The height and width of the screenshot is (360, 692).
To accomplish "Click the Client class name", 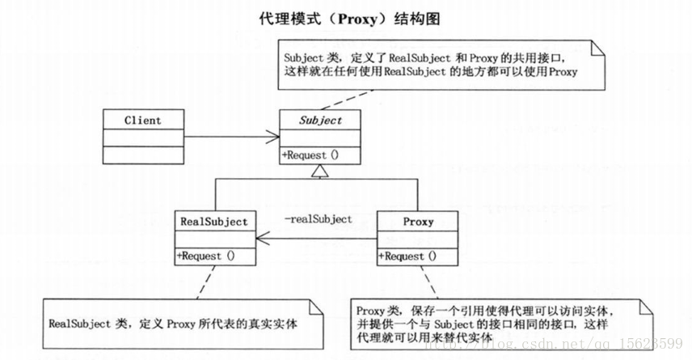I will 142,121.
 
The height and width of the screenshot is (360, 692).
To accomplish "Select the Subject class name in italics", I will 320,121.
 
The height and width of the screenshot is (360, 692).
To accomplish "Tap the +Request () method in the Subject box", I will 310,155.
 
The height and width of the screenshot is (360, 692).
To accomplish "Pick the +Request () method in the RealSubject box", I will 205,256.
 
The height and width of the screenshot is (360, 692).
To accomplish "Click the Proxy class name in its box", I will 417,221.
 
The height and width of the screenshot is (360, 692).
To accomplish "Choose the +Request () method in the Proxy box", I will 407,256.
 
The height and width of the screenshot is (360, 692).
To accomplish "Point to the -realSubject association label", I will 319,219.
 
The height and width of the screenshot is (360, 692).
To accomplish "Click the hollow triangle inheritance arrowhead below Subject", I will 321,171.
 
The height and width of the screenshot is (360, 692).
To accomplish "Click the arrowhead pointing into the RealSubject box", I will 263,239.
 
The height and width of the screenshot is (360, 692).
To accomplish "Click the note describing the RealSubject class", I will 174,323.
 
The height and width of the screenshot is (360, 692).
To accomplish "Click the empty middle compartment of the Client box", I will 142,138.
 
